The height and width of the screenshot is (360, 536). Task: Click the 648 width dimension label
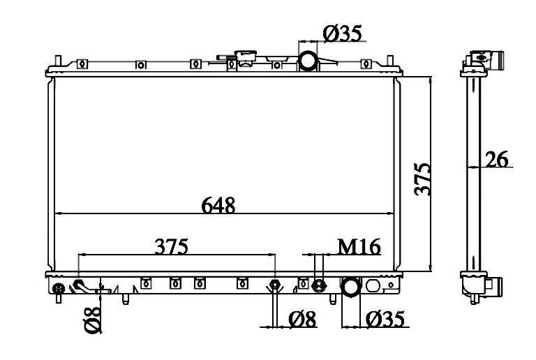point(218,205)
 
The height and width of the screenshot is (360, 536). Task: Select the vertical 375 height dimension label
point(422,179)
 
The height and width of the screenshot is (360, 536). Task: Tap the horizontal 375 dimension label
point(171,246)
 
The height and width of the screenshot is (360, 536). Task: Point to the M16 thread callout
point(359,246)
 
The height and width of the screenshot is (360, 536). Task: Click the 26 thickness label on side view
point(497,159)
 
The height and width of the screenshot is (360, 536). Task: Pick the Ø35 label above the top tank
point(342,33)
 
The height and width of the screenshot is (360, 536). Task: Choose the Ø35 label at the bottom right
point(385,319)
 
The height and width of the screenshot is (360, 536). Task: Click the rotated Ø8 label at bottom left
point(92,320)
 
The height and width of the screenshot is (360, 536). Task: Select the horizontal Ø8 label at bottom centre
point(302,319)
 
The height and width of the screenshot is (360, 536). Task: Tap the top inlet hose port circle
point(308,61)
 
